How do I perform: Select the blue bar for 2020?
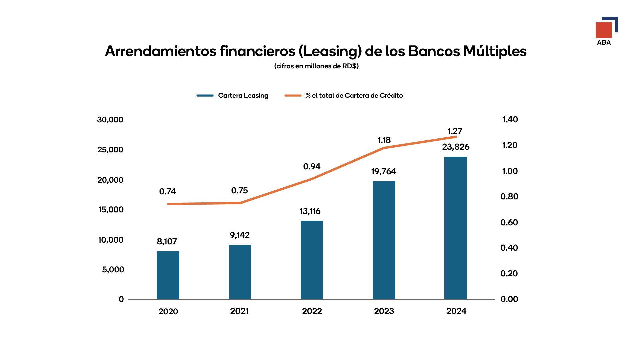(x=168, y=275)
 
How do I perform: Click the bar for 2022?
(x=312, y=260)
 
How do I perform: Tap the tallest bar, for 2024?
(x=456, y=228)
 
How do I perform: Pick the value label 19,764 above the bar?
(x=384, y=172)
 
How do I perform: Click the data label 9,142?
(x=240, y=235)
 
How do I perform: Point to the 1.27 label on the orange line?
(x=455, y=131)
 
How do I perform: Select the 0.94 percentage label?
(x=312, y=166)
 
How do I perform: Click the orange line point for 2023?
(x=384, y=148)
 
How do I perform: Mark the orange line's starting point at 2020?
(x=168, y=204)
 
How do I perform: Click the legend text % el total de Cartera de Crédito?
(x=354, y=96)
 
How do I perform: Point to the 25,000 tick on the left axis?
(x=110, y=150)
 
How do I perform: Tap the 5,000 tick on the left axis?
(x=113, y=270)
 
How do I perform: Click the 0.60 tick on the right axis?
(x=509, y=222)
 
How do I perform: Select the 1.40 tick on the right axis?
(x=510, y=120)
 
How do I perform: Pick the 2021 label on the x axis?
(x=239, y=311)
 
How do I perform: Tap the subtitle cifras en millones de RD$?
(x=316, y=66)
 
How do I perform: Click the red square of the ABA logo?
(x=603, y=30)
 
